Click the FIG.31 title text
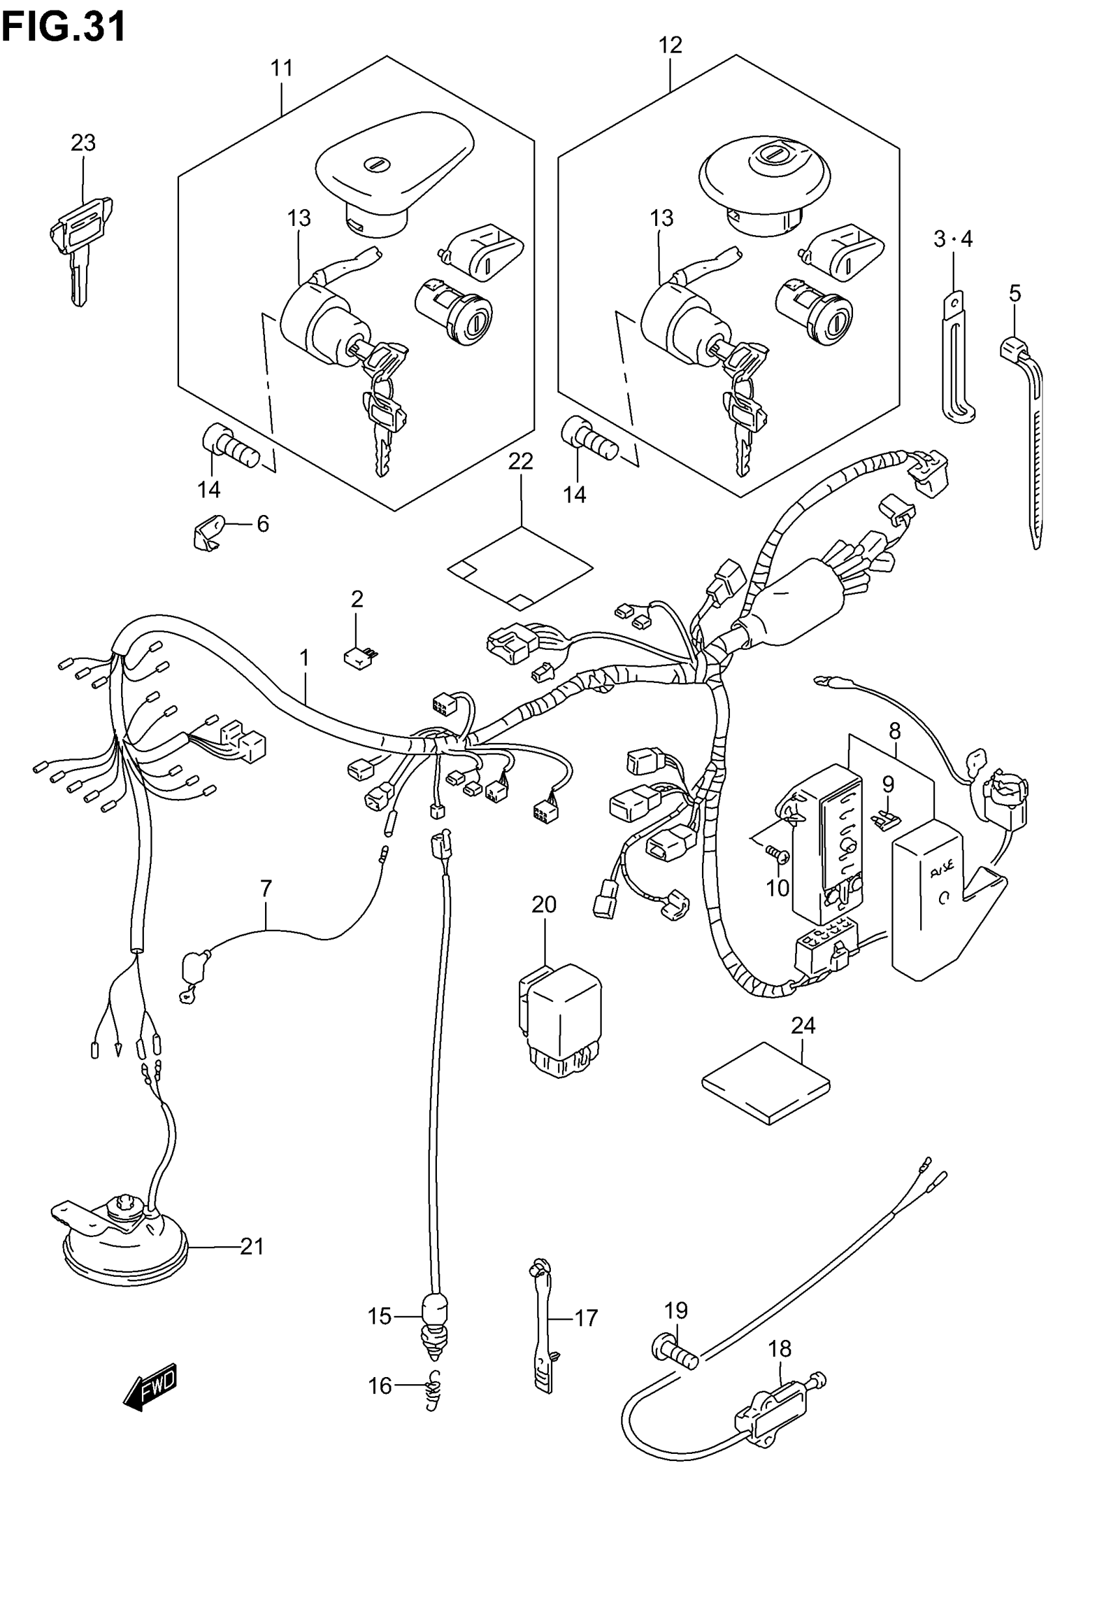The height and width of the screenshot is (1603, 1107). pyautogui.click(x=64, y=25)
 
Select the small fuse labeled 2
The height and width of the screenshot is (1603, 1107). pyautogui.click(x=359, y=656)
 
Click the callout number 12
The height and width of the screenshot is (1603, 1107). pyautogui.click(x=670, y=46)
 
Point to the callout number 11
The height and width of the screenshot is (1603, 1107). pyautogui.click(x=281, y=68)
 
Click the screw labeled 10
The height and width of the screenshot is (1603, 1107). pyautogui.click(x=777, y=855)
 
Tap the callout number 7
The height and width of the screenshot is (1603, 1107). pyautogui.click(x=266, y=887)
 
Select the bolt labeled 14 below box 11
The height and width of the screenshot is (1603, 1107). pyautogui.click(x=230, y=447)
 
